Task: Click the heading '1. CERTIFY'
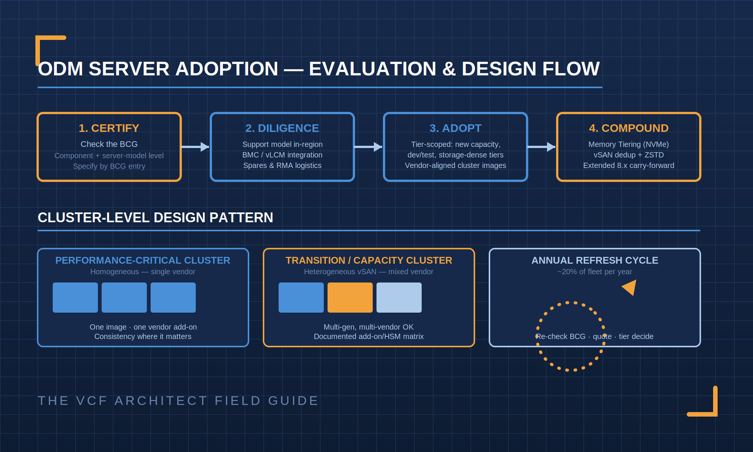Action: click(109, 128)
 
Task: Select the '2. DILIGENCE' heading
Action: click(282, 128)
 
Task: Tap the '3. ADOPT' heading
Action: click(456, 128)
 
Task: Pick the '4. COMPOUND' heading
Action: click(629, 128)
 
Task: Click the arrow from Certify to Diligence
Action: click(195, 147)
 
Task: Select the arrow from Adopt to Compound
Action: click(541, 147)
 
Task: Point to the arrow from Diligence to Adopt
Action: click(368, 147)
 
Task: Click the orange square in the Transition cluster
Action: click(350, 298)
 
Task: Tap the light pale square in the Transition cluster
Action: click(399, 298)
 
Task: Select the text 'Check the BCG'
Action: click(109, 144)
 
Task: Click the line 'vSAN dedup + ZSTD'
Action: click(629, 155)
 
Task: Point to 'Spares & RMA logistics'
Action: click(282, 165)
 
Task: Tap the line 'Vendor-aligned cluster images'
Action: click(456, 165)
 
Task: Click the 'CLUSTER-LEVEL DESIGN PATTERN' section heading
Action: click(155, 218)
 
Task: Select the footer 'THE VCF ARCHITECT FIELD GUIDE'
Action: click(178, 401)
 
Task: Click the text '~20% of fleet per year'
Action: click(595, 272)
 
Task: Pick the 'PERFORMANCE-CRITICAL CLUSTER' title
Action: click(143, 260)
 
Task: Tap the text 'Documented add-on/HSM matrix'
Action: click(369, 336)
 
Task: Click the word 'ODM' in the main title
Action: click(60, 69)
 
